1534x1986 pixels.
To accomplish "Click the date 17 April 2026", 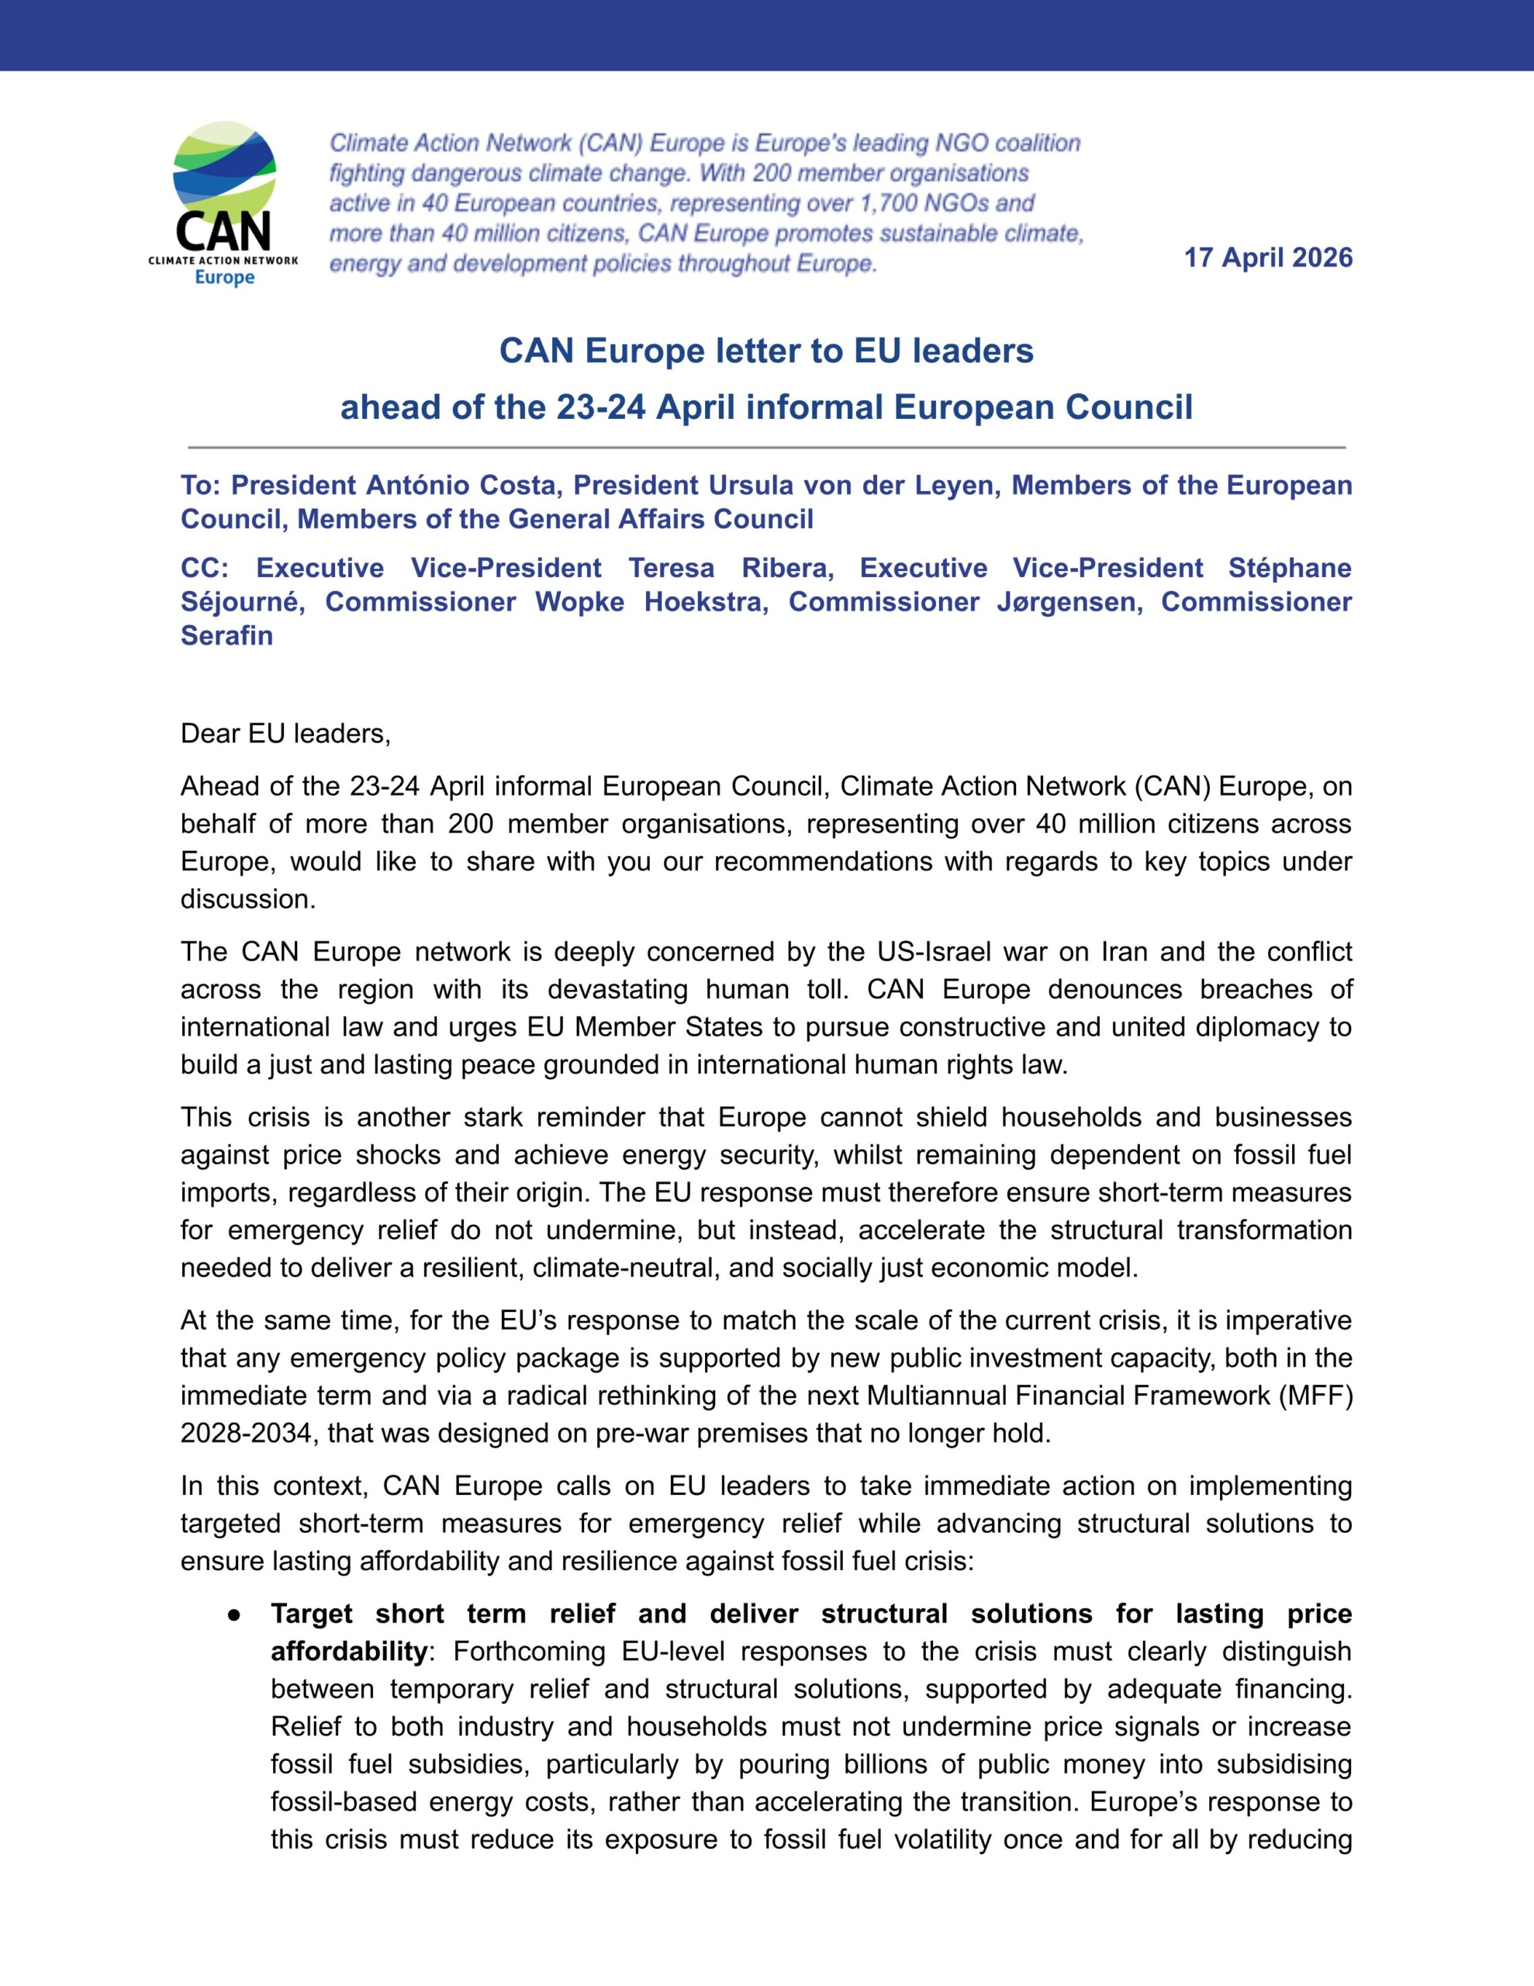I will click(1267, 258).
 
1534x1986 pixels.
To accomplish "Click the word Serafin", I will click(226, 635).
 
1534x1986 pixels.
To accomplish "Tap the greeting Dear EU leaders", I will click(285, 734).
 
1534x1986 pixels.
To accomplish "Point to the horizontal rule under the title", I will click(766, 448).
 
